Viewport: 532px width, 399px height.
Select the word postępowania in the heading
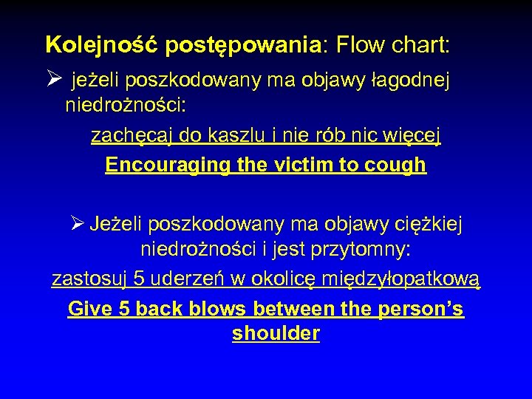click(x=243, y=46)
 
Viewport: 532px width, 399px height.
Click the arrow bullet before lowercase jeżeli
click(x=54, y=80)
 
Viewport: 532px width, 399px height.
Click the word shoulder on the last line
click(x=276, y=333)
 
